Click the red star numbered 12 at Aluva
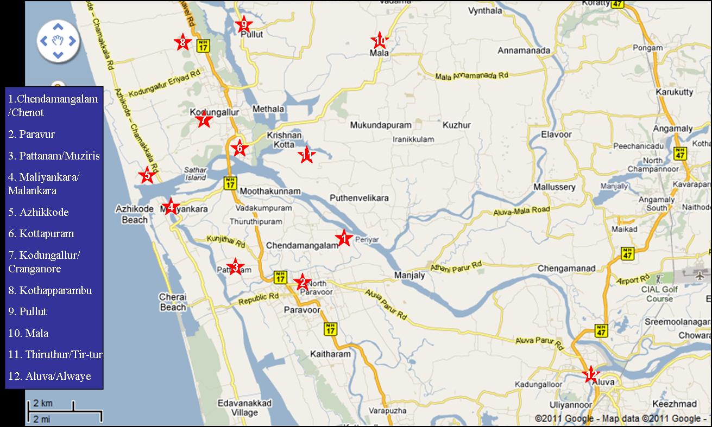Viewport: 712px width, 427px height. pyautogui.click(x=591, y=374)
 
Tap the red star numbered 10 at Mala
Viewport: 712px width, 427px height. pyautogui.click(x=379, y=40)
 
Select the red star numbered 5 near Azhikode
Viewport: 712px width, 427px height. pyautogui.click(x=146, y=175)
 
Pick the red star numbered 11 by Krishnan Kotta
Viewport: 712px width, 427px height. pyautogui.click(x=306, y=156)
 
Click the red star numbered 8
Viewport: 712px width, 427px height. pyautogui.click(x=182, y=42)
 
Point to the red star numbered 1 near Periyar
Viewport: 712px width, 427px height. pyautogui.click(x=343, y=238)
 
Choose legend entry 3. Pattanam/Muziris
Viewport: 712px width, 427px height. pyautogui.click(x=54, y=156)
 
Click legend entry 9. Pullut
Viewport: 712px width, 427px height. pyautogui.click(x=27, y=311)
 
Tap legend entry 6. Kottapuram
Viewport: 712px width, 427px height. pyautogui.click(x=41, y=233)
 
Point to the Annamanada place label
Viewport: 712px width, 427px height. pyautogui.click(x=524, y=51)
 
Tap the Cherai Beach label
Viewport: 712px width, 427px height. pyautogui.click(x=173, y=302)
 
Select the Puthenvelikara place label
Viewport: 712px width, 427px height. pyautogui.click(x=359, y=198)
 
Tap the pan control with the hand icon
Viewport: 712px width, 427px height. pyautogui.click(x=58, y=41)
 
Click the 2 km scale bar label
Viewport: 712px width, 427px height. pyautogui.click(x=43, y=404)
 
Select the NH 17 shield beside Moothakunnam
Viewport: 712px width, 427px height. pyautogui.click(x=229, y=182)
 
